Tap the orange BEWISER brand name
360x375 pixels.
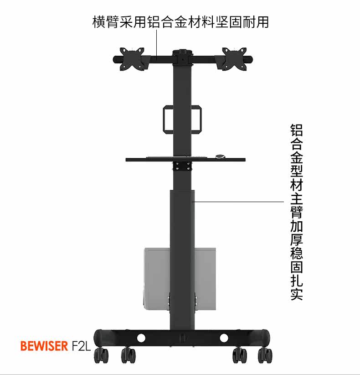44,345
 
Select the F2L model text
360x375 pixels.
82,345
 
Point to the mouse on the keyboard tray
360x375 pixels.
221,156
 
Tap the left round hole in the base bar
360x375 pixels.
140,338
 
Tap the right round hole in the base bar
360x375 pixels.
224,338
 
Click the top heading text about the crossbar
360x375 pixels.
180,21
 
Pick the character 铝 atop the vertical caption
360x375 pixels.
297,130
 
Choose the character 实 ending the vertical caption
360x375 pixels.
297,293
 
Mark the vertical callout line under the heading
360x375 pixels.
157,43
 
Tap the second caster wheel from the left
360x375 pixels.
129,354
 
